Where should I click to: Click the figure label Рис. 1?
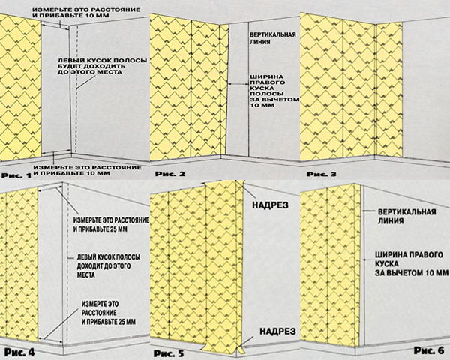(16, 175)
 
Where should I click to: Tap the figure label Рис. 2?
(170, 174)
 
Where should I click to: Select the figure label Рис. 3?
(322, 174)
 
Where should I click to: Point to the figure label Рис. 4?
(19, 352)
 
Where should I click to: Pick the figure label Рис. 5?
(169, 353)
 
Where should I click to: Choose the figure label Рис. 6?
(429, 350)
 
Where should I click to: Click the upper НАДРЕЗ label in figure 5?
(270, 205)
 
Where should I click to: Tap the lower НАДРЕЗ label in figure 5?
(277, 331)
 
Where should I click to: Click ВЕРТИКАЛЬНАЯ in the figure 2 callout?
(273, 34)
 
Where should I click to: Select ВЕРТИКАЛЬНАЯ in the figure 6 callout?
(407, 212)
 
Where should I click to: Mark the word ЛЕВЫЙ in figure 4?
(85, 257)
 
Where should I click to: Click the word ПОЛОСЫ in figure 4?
(129, 257)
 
